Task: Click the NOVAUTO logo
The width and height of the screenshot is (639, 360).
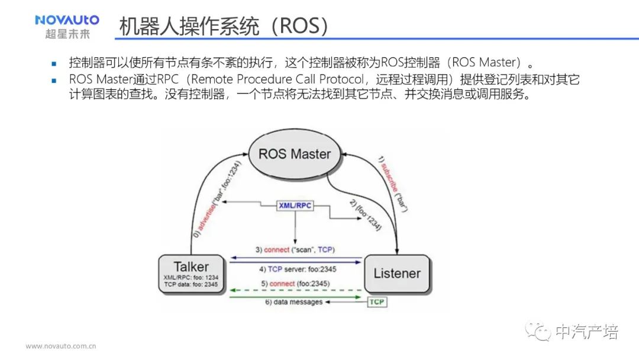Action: (67, 20)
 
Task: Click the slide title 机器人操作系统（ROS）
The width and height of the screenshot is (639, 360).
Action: (223, 26)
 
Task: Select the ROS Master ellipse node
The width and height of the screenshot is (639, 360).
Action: (294, 154)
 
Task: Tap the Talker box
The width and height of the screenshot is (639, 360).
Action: (191, 274)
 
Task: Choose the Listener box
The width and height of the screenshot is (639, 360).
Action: (396, 274)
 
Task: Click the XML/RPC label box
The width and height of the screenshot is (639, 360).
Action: (295, 205)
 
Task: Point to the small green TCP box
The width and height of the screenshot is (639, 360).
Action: (377, 302)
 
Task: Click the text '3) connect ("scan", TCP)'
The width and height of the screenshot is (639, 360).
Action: (299, 250)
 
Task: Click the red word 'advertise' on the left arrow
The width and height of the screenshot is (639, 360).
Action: (206, 214)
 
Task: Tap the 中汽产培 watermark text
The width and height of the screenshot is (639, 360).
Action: (587, 332)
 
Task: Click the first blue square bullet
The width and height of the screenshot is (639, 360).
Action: (53, 63)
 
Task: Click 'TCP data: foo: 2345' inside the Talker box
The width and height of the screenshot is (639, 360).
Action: (191, 285)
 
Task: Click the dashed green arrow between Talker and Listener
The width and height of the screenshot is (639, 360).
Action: (296, 291)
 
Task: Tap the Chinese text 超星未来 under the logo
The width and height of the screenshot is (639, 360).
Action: (67, 34)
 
